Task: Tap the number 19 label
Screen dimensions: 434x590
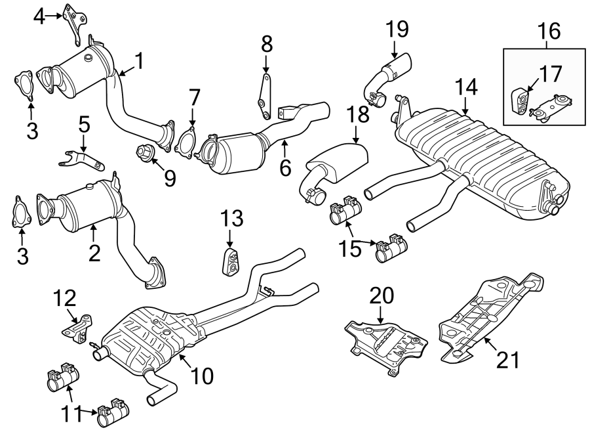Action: pyautogui.click(x=397, y=29)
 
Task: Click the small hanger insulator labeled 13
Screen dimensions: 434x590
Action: pyautogui.click(x=230, y=261)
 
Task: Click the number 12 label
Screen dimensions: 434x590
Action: pyautogui.click(x=66, y=299)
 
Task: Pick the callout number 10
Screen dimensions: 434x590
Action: pyautogui.click(x=203, y=376)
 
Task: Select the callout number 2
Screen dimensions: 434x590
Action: pyautogui.click(x=94, y=253)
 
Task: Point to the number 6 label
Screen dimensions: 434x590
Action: pyautogui.click(x=285, y=168)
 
